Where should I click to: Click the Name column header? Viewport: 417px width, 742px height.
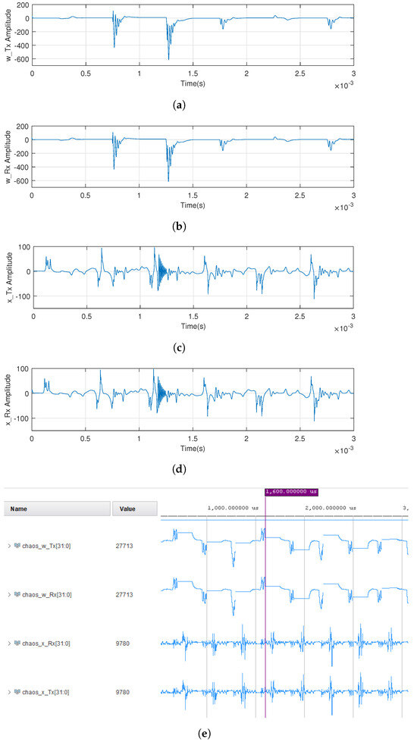(19, 509)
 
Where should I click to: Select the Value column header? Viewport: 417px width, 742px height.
(124, 509)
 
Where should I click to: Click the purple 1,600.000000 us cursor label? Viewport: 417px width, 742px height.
(291, 492)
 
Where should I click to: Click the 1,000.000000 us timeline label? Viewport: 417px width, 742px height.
(233, 509)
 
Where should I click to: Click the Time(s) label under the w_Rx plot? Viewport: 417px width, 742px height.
(193, 199)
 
